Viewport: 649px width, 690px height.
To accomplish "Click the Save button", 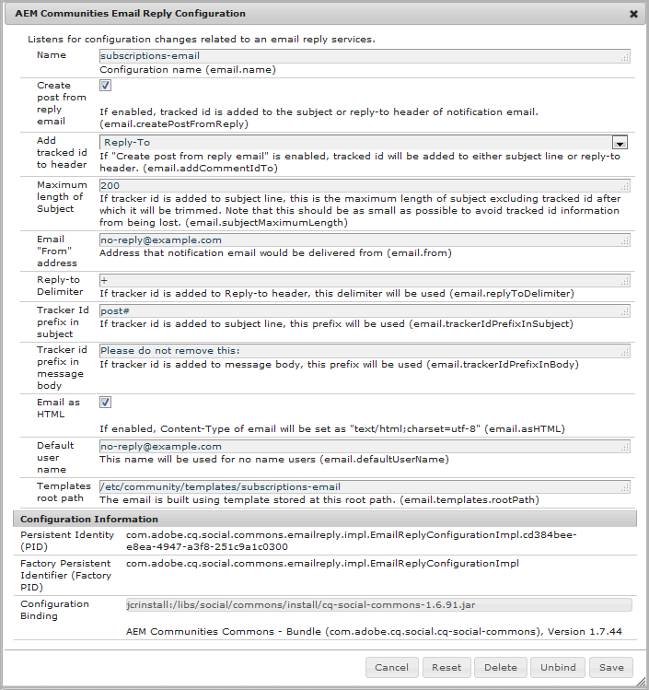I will click(611, 667).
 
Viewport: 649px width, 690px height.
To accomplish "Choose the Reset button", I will click(446, 667).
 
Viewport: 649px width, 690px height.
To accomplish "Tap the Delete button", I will click(501, 667).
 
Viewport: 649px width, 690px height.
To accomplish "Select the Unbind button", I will click(558, 667).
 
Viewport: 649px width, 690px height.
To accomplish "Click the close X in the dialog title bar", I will click(633, 14).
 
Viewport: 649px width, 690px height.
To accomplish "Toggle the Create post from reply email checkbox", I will click(105, 86).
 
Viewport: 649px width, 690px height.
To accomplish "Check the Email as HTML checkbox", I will click(105, 403).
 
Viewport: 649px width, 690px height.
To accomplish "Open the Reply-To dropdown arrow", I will click(620, 143).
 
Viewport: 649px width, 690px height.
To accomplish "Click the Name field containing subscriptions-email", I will click(365, 55).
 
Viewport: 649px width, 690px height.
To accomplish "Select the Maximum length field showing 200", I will click(365, 185).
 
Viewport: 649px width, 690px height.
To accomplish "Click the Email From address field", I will click(365, 240).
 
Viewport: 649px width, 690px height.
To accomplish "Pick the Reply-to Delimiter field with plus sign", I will click(365, 280).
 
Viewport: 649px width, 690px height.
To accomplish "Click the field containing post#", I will click(365, 310).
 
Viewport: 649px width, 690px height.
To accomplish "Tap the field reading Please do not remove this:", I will click(365, 351).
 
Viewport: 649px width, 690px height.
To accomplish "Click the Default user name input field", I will click(365, 446).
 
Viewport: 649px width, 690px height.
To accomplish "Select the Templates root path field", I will click(365, 486).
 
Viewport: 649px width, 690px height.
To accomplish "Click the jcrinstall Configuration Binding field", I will click(378, 605).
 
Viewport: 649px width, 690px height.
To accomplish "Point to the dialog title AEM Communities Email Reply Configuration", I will click(130, 14).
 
